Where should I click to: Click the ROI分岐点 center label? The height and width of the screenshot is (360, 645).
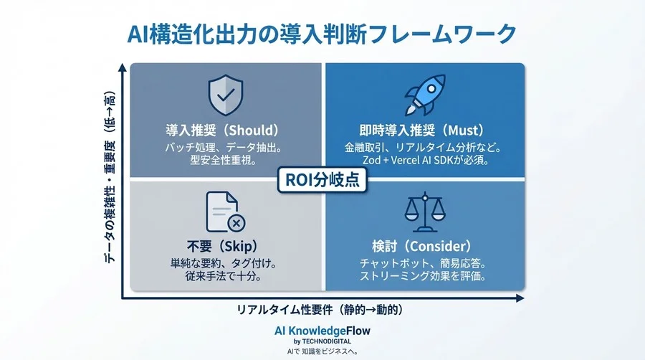click(322, 180)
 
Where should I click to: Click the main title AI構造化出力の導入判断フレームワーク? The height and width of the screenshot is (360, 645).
click(322, 33)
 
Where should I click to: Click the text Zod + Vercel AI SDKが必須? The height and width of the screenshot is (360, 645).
click(426, 161)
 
